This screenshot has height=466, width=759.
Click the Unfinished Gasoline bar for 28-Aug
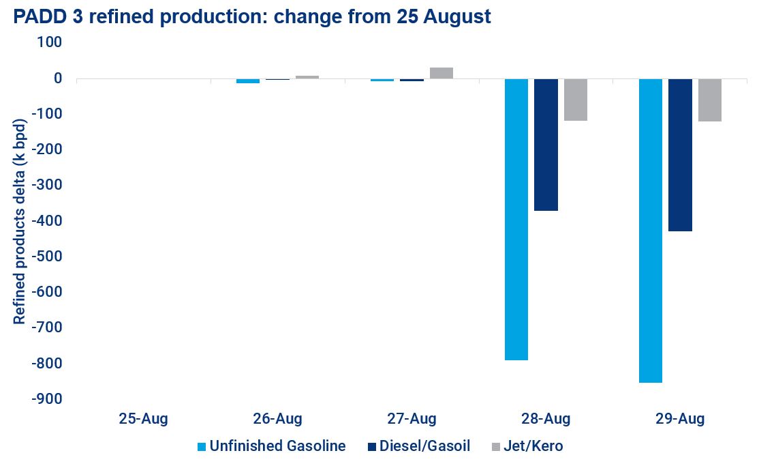516,218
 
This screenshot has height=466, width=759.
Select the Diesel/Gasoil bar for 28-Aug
545,145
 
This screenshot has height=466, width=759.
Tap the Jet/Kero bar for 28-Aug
575,100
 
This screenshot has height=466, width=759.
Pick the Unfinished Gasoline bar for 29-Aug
650,230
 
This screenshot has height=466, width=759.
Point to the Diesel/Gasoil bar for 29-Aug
679,155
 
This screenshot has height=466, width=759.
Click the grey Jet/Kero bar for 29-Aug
709,100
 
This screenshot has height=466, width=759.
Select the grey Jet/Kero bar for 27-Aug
441,73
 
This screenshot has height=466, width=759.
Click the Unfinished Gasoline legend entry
271,446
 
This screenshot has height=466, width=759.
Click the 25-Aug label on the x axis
142,418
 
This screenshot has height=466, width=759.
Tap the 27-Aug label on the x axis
412,418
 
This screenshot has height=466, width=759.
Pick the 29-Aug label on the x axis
680,418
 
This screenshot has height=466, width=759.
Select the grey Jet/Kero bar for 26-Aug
307,77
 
